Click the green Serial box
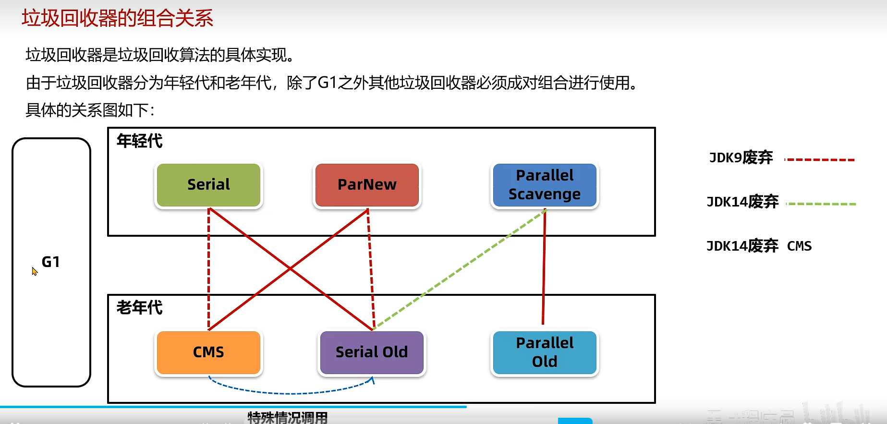(208, 185)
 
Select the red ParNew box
(367, 185)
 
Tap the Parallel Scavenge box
(545, 185)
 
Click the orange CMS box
(208, 352)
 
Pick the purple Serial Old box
(372, 352)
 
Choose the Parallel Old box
(545, 352)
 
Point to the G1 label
(51, 262)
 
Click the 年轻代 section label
(140, 141)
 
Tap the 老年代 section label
(140, 307)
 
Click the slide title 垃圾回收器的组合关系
(118, 18)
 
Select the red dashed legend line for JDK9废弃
(820, 160)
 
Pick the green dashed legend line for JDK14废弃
(821, 204)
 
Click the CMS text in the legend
(799, 246)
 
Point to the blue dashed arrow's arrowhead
(372, 380)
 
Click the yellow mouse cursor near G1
(34, 271)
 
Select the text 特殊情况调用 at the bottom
(288, 418)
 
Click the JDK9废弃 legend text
(741, 158)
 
